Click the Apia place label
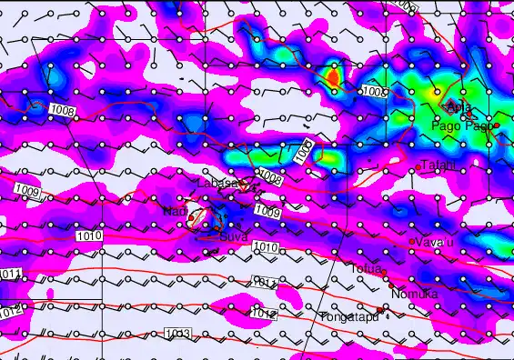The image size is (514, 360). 460,107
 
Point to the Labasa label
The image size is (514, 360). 217,184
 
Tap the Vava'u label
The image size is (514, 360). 435,243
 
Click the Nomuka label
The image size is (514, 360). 414,294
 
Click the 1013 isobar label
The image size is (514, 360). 178,335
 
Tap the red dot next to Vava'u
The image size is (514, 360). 412,241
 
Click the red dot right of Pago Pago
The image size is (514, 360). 497,125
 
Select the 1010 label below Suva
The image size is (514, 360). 265,247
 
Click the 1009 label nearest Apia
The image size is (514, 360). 374,93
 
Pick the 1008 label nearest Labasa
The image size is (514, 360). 270,175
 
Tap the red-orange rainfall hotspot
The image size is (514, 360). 332,78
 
